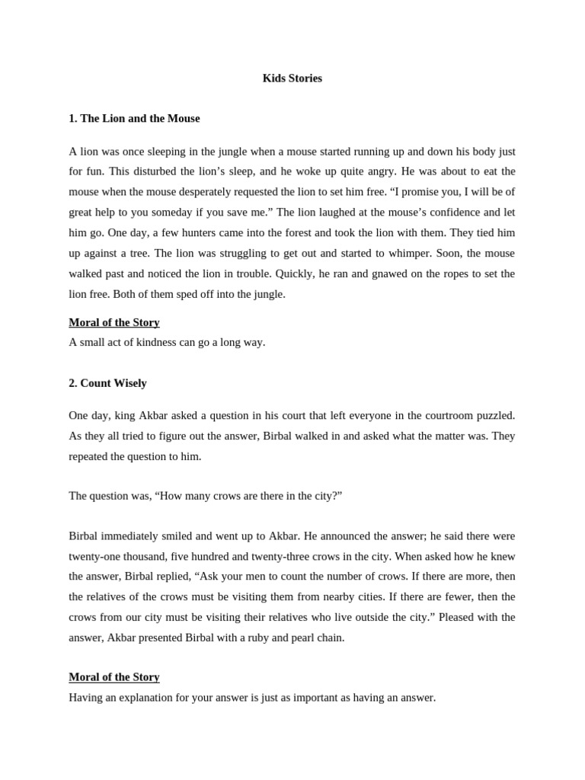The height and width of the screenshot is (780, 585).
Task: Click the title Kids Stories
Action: pos(292,78)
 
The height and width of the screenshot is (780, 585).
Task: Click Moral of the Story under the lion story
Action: pos(114,322)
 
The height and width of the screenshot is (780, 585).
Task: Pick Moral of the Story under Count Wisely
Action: pos(114,676)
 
